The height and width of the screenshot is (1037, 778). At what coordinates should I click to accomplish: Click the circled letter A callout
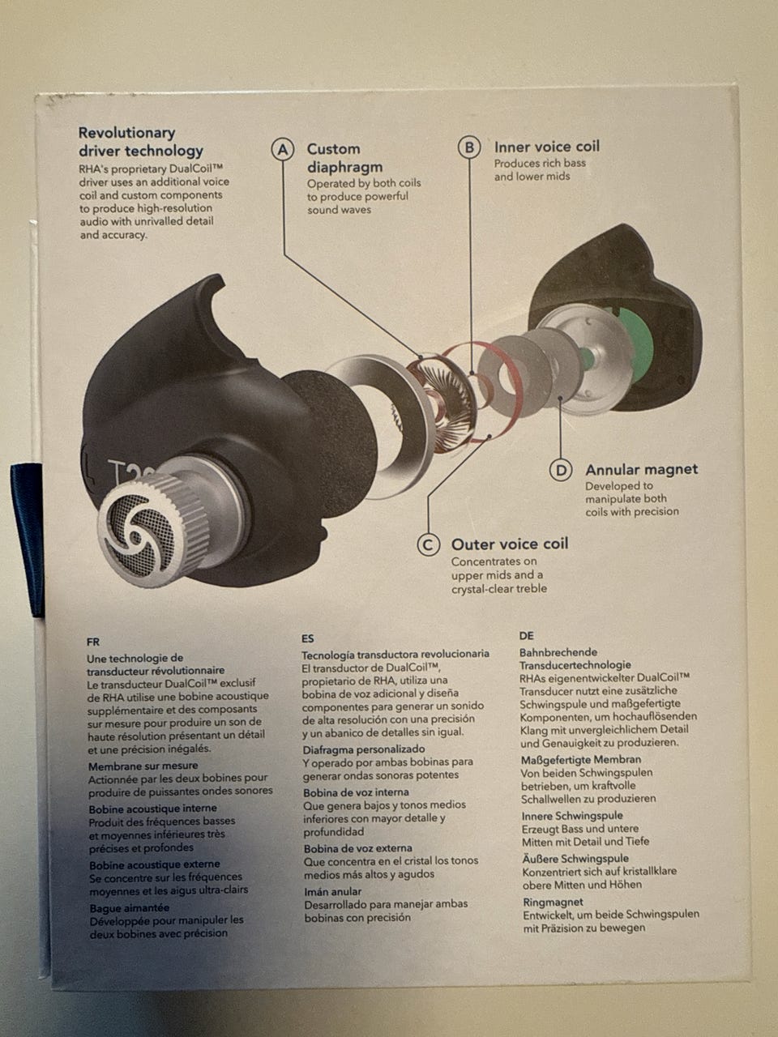283,150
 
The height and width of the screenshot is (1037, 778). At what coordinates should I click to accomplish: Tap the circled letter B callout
469,147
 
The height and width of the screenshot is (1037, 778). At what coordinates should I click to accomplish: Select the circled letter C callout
428,545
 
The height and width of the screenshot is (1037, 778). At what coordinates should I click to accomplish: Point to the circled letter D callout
561,471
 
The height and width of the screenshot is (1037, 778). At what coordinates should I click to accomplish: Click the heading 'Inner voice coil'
547,147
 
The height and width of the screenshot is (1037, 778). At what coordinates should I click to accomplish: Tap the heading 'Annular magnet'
642,469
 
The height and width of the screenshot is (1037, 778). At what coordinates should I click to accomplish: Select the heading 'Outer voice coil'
510,544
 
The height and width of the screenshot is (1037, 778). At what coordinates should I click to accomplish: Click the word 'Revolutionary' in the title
126,133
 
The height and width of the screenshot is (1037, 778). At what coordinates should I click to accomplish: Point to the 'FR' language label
93,642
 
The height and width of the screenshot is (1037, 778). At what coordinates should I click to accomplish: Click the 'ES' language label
307,638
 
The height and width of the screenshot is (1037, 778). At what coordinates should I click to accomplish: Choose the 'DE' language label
526,636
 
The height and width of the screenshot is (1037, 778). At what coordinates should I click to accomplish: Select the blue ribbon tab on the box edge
28,540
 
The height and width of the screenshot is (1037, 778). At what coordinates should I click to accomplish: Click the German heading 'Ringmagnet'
553,902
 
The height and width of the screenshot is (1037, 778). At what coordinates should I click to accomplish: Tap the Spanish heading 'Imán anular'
333,891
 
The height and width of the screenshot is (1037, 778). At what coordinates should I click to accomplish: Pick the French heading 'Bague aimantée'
129,908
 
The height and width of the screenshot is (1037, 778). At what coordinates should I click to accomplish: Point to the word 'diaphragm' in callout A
345,168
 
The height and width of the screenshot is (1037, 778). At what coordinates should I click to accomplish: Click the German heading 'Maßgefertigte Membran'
581,760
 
